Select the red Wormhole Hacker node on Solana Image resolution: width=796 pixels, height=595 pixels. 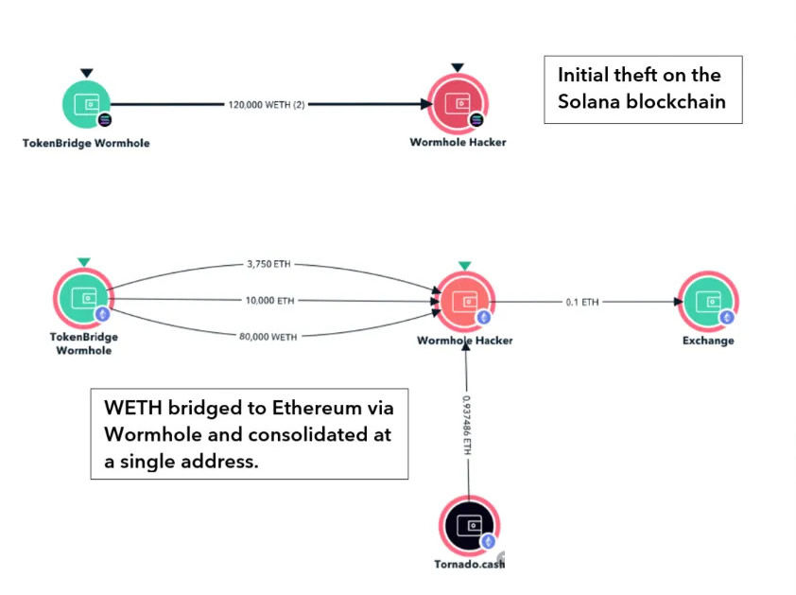(457, 105)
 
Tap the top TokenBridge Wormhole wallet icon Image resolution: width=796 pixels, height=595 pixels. (87, 105)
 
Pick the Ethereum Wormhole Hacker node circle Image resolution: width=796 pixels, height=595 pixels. (464, 302)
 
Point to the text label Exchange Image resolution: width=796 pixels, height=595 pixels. (708, 341)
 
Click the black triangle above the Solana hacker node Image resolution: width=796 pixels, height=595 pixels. (458, 68)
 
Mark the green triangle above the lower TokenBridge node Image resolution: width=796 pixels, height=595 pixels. (83, 261)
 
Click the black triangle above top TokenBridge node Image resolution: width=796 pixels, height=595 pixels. (87, 72)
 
